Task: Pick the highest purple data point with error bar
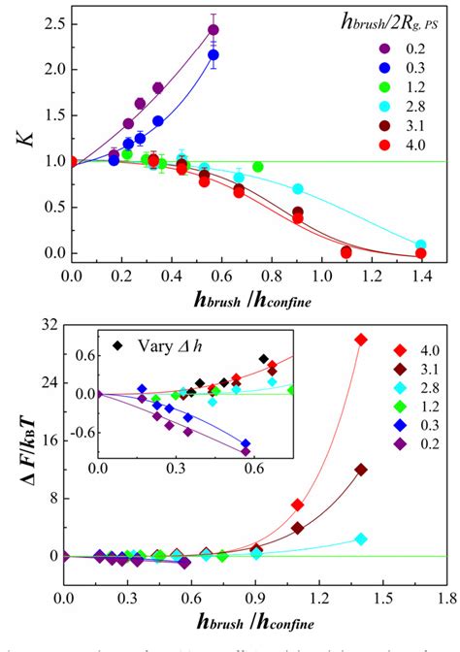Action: [214, 29]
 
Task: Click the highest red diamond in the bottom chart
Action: [361, 340]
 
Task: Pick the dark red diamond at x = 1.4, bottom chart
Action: [361, 470]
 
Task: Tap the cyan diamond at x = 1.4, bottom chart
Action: [361, 538]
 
